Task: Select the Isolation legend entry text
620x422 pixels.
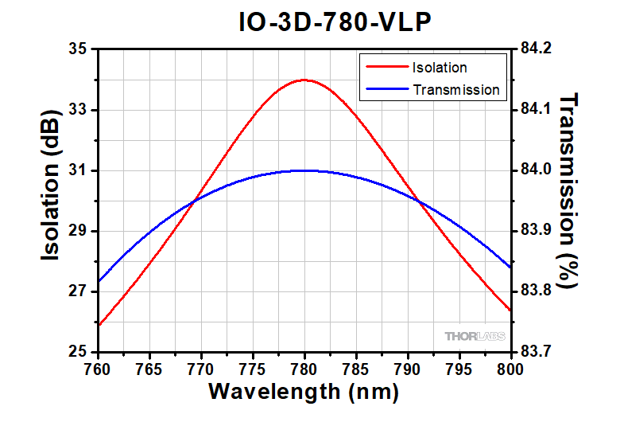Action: coord(440,67)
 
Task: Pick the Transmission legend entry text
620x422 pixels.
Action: coord(456,90)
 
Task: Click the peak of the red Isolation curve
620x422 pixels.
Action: coord(304,80)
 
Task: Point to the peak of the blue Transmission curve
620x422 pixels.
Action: coord(304,170)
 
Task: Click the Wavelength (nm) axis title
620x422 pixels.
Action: coord(303,393)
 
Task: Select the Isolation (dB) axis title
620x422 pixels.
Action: coord(52,199)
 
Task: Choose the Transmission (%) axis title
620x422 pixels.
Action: coord(570,190)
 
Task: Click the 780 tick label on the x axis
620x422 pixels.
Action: coord(304,369)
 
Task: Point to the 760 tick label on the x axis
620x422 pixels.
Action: coord(98,369)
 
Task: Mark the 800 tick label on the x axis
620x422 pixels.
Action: coord(510,369)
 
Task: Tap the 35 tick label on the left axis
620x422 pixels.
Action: coord(77,49)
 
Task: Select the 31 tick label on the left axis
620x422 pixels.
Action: coord(77,170)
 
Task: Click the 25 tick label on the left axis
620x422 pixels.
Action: coord(77,352)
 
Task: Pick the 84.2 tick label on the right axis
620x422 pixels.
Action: coord(536,49)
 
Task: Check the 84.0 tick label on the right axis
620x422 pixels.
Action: coord(536,170)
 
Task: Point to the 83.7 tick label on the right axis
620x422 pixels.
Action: coord(536,352)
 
